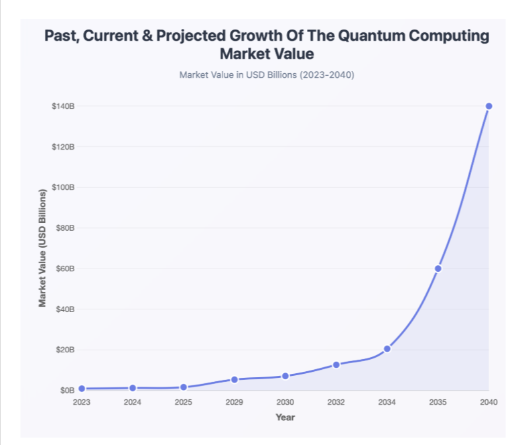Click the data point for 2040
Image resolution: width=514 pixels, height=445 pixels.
(489, 106)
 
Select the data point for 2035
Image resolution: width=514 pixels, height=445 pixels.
(438, 268)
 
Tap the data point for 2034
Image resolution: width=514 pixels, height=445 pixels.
(387, 349)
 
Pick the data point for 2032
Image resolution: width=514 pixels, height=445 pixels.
(336, 364)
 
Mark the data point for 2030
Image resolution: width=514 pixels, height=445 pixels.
(285, 376)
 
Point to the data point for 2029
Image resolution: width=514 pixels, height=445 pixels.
(235, 379)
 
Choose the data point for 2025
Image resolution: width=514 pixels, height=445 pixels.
(184, 387)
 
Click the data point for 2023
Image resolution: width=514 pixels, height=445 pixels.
(82, 389)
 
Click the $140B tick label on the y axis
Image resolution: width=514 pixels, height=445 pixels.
(63, 106)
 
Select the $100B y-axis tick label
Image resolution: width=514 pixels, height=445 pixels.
(63, 187)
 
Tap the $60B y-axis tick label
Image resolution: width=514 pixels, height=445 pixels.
(64, 268)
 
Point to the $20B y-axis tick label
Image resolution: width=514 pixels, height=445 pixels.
(64, 350)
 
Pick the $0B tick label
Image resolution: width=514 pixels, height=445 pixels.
(66, 390)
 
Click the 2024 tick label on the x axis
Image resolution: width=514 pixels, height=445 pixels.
(133, 402)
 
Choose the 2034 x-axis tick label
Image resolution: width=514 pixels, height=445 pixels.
(387, 402)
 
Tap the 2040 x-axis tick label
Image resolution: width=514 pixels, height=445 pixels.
(489, 402)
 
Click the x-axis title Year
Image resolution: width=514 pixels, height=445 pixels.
(285, 417)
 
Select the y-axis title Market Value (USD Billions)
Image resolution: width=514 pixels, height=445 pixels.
(42, 248)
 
